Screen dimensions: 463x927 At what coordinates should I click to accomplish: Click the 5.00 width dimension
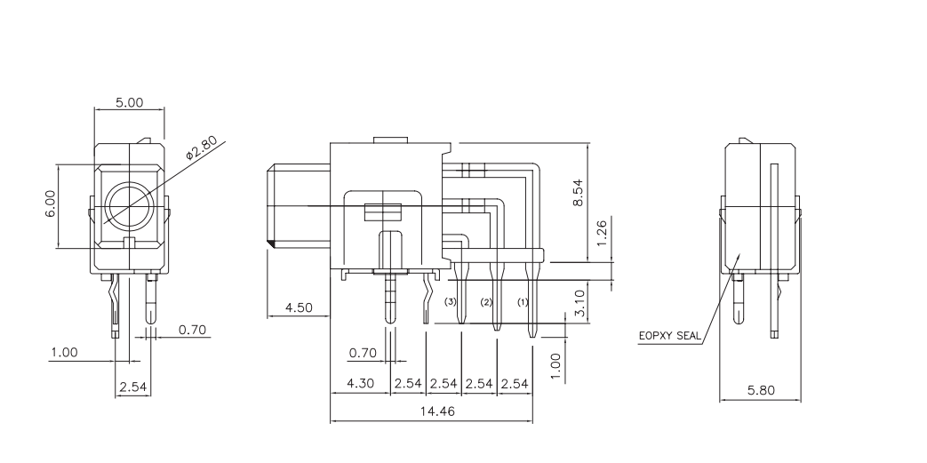point(129,103)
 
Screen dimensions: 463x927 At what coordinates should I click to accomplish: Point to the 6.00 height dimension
point(51,205)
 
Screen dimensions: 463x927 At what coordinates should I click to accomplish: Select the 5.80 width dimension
point(761,389)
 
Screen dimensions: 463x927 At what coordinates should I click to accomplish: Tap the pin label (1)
point(523,303)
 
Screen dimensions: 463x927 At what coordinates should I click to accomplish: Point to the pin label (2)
point(486,303)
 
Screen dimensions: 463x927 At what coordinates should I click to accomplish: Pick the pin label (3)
point(451,303)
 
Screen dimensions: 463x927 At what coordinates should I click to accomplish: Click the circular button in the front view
point(129,206)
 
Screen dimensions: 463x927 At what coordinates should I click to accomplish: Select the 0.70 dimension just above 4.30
point(362,354)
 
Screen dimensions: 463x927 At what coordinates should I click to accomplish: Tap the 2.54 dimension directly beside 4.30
point(407,383)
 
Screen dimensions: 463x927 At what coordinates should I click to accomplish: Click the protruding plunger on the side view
point(299,205)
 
